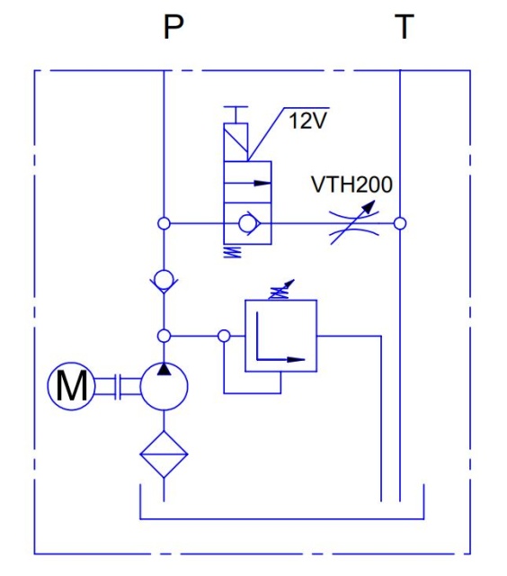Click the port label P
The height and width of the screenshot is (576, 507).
(173, 27)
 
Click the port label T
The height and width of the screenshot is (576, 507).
(405, 26)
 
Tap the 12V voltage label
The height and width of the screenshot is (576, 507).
(307, 121)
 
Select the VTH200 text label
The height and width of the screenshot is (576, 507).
(351, 184)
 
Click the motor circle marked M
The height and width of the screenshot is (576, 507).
(72, 386)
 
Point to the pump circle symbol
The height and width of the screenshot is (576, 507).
(164, 386)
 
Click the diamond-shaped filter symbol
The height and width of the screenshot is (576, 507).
(164, 454)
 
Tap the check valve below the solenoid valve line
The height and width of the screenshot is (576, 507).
(164, 281)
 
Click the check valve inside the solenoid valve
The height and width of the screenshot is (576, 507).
(250, 223)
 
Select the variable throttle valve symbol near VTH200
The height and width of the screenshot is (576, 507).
(354, 223)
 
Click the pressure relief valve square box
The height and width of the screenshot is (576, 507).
(281, 336)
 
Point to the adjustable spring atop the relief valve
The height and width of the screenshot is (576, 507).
(281, 290)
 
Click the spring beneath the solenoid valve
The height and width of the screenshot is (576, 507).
(233, 252)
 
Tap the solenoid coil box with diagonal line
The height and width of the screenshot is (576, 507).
(236, 142)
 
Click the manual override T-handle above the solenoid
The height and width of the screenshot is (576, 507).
(236, 114)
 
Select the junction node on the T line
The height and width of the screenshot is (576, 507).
(400, 223)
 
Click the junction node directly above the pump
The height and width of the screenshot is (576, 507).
(164, 336)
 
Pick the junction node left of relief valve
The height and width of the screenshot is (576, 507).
(224, 336)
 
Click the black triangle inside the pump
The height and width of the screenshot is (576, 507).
(164, 369)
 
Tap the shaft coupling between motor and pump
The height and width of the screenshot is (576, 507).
(118, 386)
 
